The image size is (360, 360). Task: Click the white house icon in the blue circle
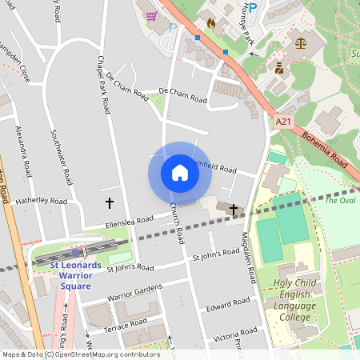180,173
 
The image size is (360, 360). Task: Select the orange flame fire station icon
211,23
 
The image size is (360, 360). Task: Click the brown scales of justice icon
301,43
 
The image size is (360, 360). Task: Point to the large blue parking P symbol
253,8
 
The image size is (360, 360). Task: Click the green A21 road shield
282,121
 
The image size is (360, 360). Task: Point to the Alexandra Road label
23,150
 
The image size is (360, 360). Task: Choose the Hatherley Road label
38,201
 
